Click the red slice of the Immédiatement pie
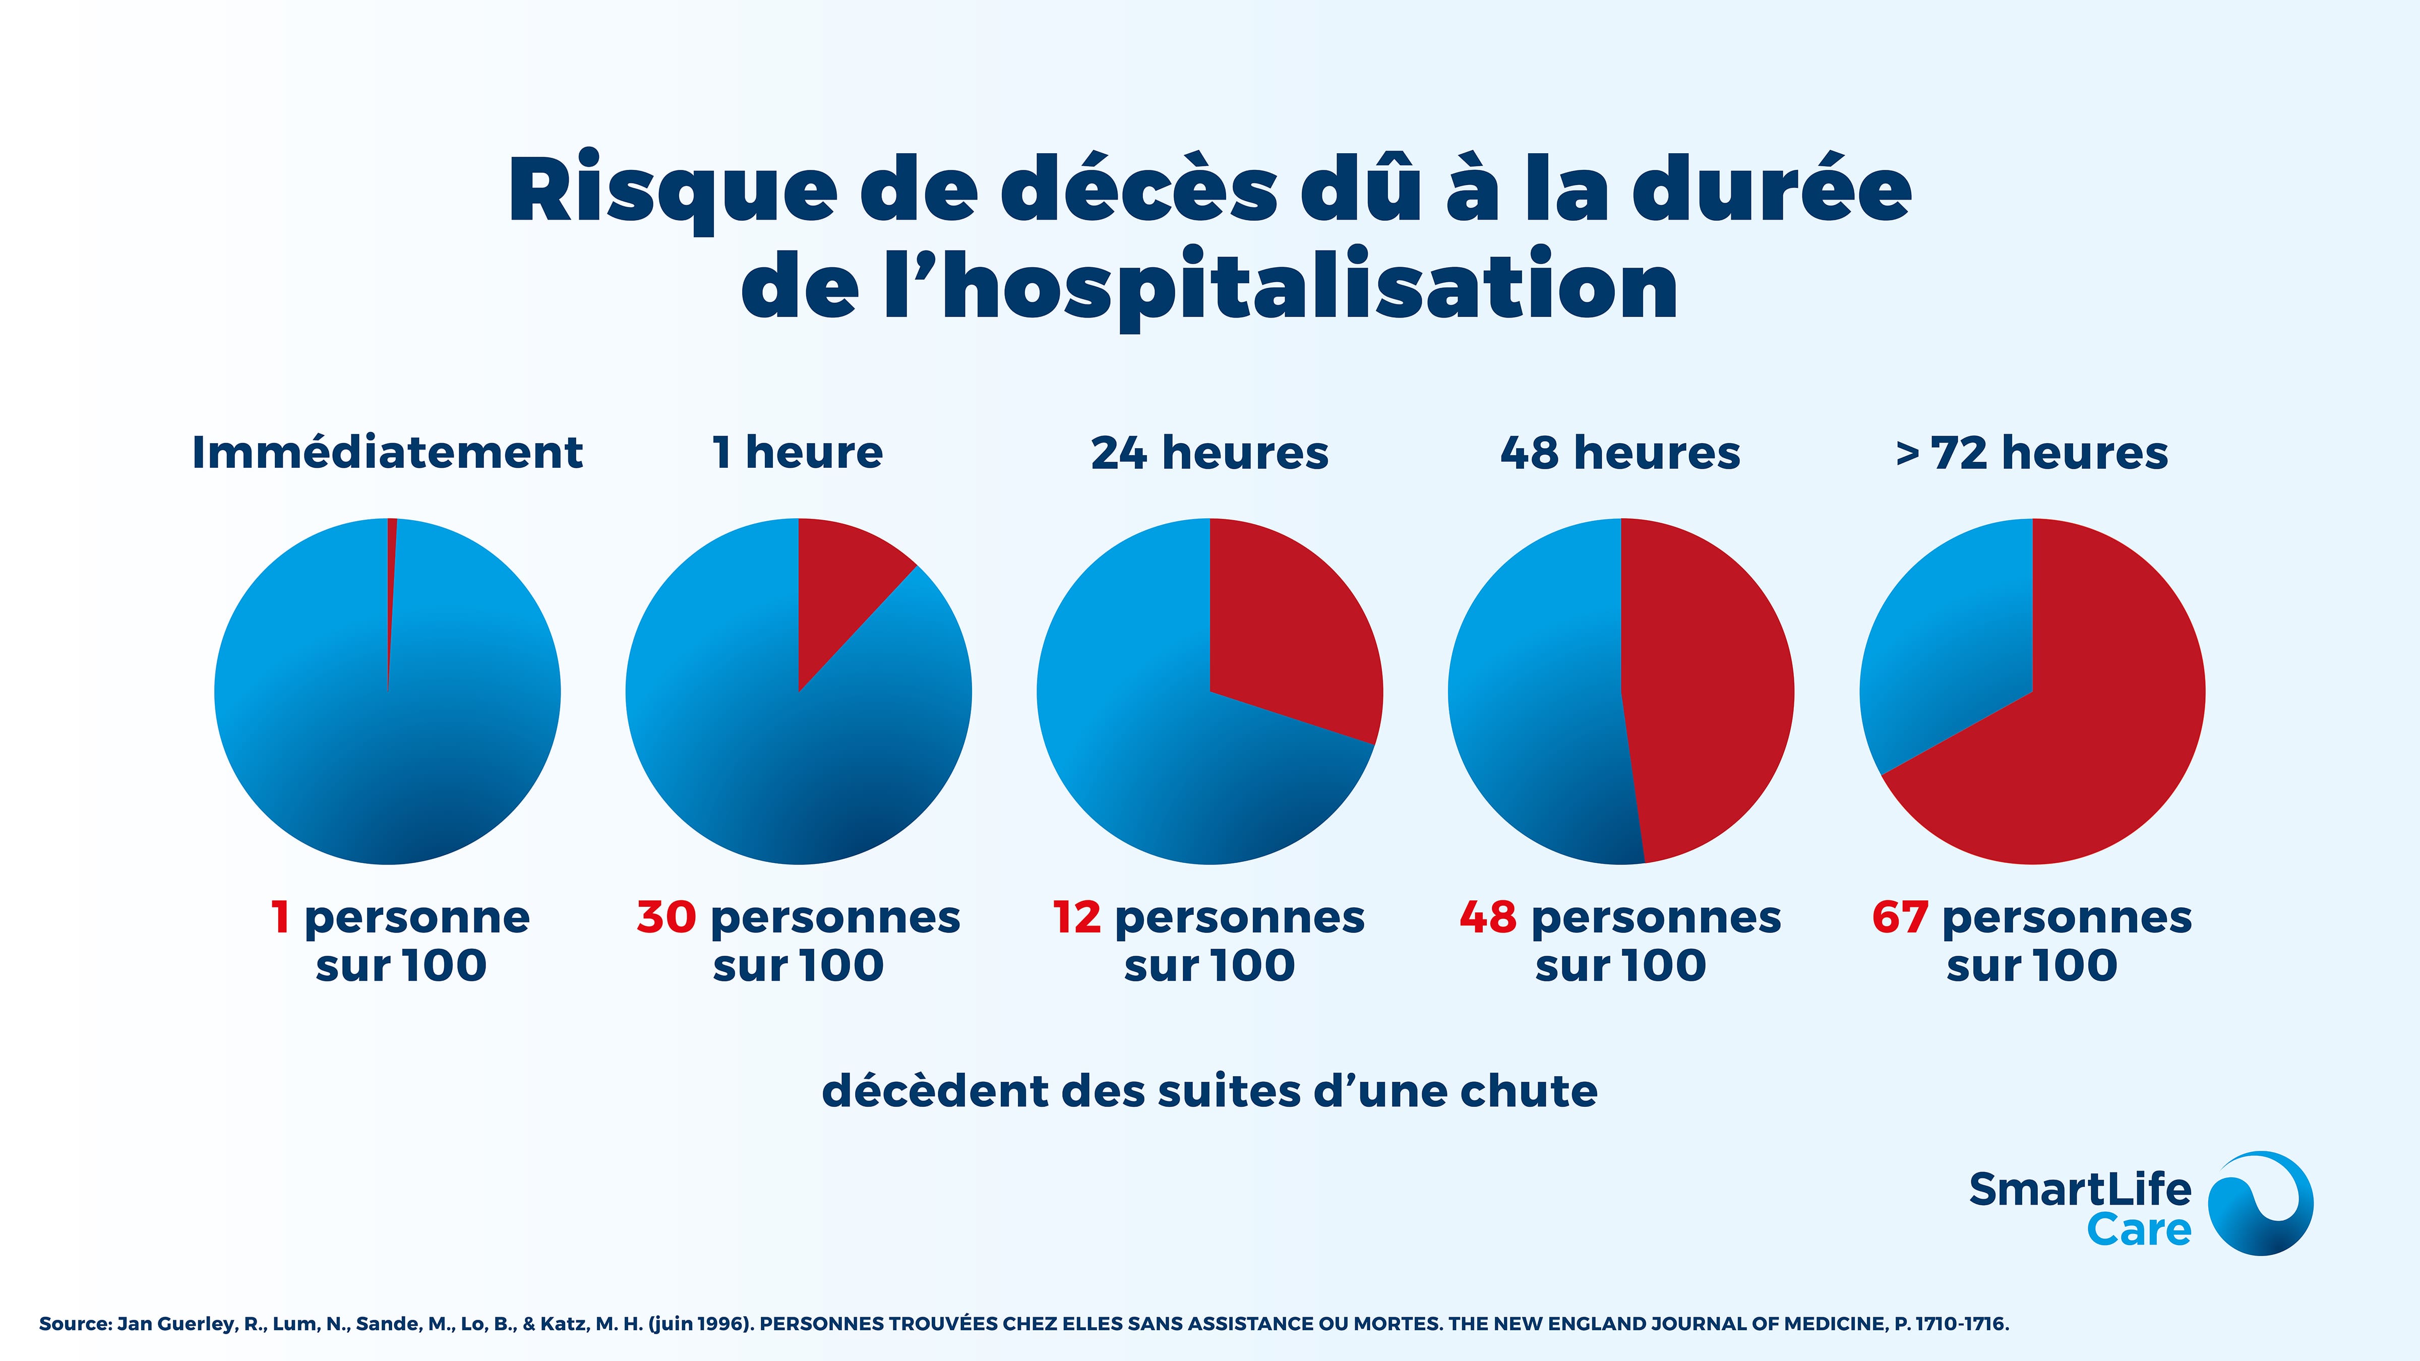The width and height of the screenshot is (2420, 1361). [391, 564]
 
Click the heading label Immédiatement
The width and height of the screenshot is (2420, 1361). [387, 453]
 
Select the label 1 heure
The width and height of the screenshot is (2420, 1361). [798, 453]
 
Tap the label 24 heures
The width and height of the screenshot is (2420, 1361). [1209, 453]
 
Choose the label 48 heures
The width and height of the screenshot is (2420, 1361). [1619, 453]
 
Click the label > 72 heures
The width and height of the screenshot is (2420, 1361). [2031, 453]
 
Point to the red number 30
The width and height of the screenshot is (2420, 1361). [666, 917]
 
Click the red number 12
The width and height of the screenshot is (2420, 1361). [1076, 917]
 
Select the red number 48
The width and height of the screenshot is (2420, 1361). [1488, 917]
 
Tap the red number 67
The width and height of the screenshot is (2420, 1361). [1900, 917]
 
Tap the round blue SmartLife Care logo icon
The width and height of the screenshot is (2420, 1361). [2260, 1203]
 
